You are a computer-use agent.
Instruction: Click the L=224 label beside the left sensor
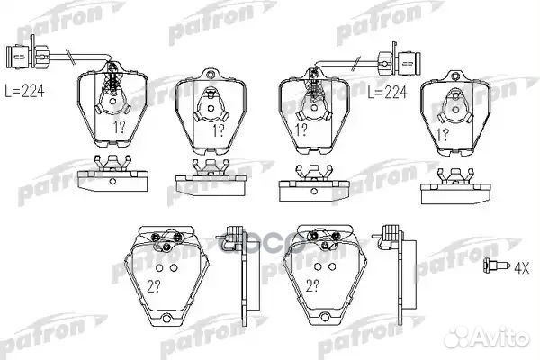click(25, 91)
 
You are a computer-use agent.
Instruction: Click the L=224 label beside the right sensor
click(389, 91)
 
